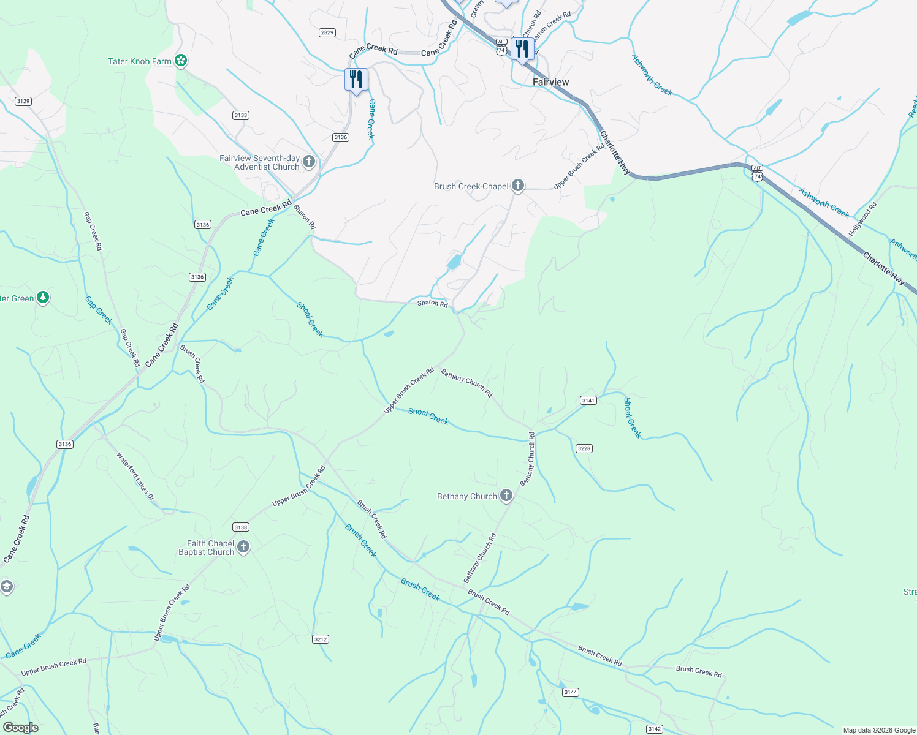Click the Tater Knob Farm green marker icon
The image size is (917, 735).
[x=181, y=61]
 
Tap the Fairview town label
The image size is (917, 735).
[x=550, y=82]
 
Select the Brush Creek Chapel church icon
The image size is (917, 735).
[x=518, y=186]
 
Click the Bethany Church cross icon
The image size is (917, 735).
[x=506, y=496]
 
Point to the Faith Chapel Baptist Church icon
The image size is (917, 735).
[x=243, y=546]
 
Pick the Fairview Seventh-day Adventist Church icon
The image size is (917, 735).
[x=309, y=162]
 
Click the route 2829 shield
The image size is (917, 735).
[x=327, y=32]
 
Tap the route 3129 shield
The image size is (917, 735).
[x=23, y=101]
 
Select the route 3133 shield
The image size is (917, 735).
[x=241, y=115]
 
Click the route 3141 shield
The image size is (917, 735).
[x=588, y=400]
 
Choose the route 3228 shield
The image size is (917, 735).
[x=584, y=448]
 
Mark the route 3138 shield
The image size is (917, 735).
[x=241, y=527]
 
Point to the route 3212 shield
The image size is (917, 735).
[x=321, y=639]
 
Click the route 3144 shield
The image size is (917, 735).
[x=571, y=692]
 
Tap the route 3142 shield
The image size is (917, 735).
[x=655, y=729]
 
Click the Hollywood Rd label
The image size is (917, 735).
[x=863, y=220]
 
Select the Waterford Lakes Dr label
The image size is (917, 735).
[x=135, y=476]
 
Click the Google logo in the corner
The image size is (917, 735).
[x=20, y=727]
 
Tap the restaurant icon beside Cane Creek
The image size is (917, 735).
[x=356, y=80]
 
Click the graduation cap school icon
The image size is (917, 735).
[x=6, y=587]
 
